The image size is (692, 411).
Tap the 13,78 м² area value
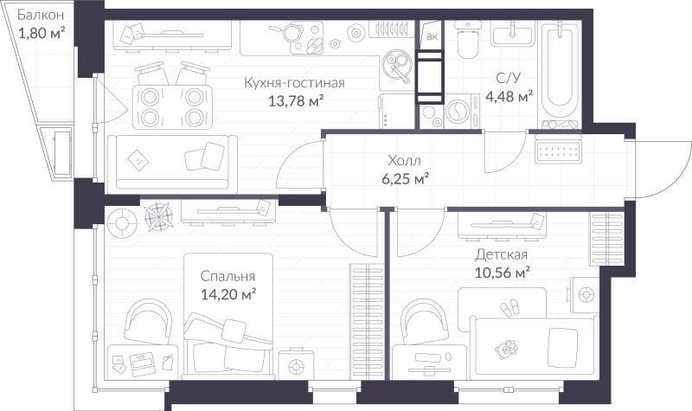click(297, 101)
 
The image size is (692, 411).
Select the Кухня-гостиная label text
click(295, 83)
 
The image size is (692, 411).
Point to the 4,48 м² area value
click(509, 96)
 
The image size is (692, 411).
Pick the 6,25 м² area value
click(406, 179)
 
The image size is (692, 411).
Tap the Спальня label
click(227, 277)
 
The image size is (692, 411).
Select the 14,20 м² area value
click(227, 295)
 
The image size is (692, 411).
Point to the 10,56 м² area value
click(502, 273)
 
